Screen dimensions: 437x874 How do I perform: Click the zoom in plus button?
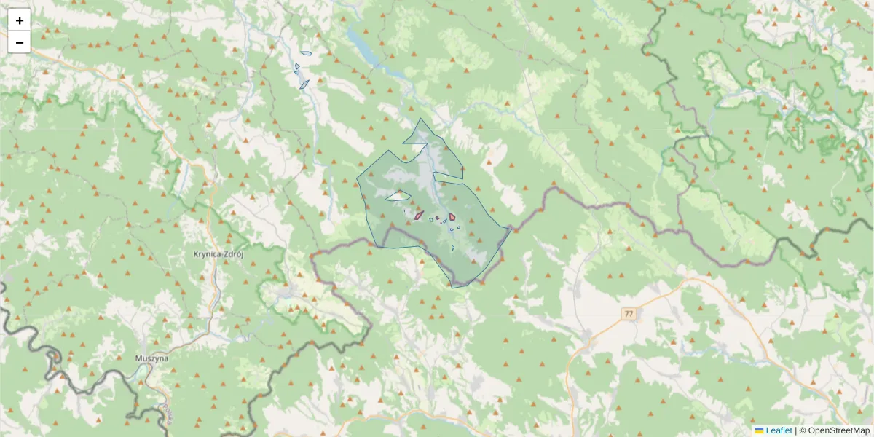click(20, 20)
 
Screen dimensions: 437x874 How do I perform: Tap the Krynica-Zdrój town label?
click(218, 255)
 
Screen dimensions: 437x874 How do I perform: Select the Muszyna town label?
click(151, 358)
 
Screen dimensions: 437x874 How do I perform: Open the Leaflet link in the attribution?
click(779, 430)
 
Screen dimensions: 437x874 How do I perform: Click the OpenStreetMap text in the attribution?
click(838, 430)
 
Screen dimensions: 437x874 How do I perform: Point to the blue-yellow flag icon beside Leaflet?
click(760, 430)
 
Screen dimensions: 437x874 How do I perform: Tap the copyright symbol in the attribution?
click(803, 430)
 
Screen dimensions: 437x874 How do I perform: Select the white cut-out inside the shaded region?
click(398, 195)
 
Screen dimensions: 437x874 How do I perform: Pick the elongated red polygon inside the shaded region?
click(419, 216)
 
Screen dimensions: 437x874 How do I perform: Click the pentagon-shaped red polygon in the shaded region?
click(452, 216)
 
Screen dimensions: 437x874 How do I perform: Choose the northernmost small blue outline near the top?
click(306, 53)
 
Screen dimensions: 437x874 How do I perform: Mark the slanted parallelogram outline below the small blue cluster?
click(304, 84)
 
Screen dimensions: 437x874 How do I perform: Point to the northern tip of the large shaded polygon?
click(420, 119)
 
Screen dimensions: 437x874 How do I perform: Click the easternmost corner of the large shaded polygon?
click(511, 228)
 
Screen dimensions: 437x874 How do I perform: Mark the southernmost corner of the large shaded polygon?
click(452, 287)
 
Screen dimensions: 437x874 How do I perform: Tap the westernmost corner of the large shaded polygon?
click(357, 178)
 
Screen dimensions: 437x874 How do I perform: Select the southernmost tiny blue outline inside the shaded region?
click(452, 248)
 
